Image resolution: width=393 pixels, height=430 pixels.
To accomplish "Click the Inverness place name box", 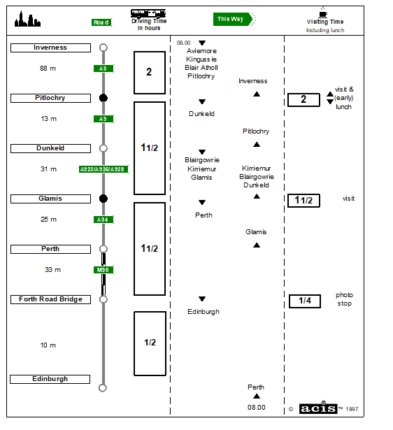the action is tap(50, 48).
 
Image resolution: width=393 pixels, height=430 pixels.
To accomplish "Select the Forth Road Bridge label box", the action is tap(50, 299).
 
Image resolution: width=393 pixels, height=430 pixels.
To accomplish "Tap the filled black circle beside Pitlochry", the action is tap(103, 98).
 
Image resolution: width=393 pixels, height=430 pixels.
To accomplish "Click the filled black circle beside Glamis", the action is tap(103, 199).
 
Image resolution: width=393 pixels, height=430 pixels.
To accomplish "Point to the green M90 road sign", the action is tap(103, 270).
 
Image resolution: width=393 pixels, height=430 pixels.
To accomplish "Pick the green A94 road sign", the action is tap(103, 220).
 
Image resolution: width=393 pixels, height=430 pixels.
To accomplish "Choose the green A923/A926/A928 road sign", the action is tap(103, 169).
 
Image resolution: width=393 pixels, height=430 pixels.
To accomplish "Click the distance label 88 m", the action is tap(48, 69).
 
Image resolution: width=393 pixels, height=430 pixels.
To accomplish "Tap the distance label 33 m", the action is tap(52, 270).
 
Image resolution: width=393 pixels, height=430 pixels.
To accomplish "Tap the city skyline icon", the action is tap(27, 19).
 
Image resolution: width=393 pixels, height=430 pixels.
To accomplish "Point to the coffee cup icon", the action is tap(323, 13).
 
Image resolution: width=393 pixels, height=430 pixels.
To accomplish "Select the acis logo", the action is tap(318, 408).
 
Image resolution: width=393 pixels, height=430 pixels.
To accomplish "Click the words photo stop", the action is tap(345, 299).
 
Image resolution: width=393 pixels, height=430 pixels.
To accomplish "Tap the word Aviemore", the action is tap(201, 51).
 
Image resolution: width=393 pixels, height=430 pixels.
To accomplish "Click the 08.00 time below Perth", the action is tap(257, 407).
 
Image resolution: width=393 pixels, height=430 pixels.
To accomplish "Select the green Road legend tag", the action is tap(101, 22).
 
